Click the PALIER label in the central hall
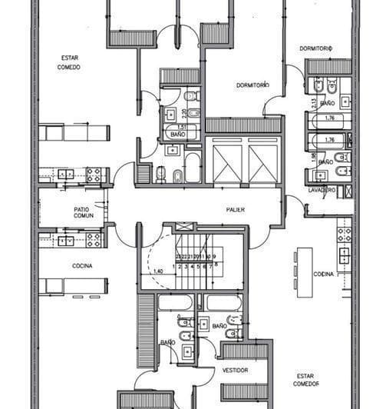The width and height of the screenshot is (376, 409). (236, 209)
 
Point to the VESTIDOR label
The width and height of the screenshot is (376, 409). (236, 370)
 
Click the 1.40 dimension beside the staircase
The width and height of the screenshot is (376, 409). (157, 271)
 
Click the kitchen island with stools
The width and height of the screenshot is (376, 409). (305, 268)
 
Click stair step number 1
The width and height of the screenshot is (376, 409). (176, 267)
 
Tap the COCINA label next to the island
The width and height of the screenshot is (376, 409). (323, 274)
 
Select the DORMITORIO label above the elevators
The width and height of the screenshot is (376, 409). (252, 85)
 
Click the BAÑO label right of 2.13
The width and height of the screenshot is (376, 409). (328, 102)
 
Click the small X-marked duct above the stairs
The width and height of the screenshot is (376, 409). (181, 226)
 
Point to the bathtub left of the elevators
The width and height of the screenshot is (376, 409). (193, 168)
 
